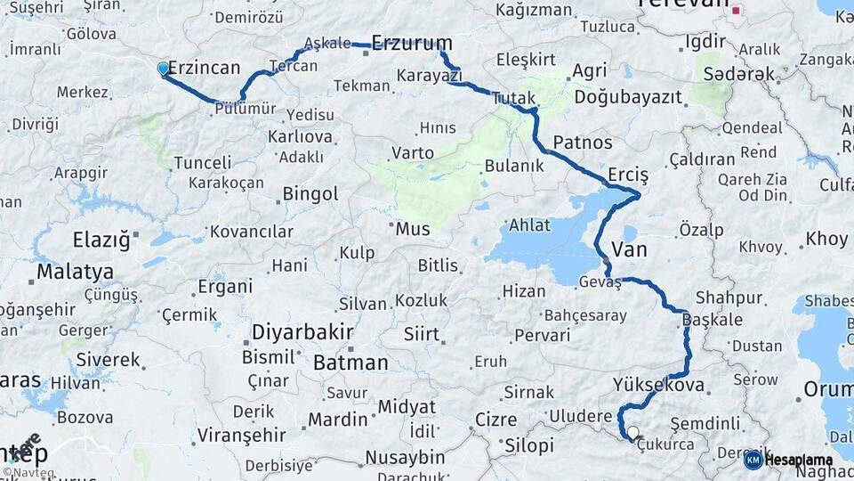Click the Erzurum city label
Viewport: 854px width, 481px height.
(412, 43)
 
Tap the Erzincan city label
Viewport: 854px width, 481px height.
(205, 68)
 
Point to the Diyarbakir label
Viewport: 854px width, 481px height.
(302, 332)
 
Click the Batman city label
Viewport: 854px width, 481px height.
(350, 363)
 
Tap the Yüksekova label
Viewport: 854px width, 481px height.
(658, 386)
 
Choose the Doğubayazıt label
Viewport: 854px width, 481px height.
(628, 95)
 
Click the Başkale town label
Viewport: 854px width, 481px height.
(711, 319)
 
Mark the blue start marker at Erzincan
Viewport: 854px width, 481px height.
(163, 69)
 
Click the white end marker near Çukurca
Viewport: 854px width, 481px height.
(632, 433)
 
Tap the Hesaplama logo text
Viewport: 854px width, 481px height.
(798, 460)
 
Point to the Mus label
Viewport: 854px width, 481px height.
(413, 229)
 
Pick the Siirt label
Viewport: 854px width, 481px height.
(422, 334)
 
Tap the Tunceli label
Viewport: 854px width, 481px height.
(202, 163)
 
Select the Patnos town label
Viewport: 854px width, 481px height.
(583, 143)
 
